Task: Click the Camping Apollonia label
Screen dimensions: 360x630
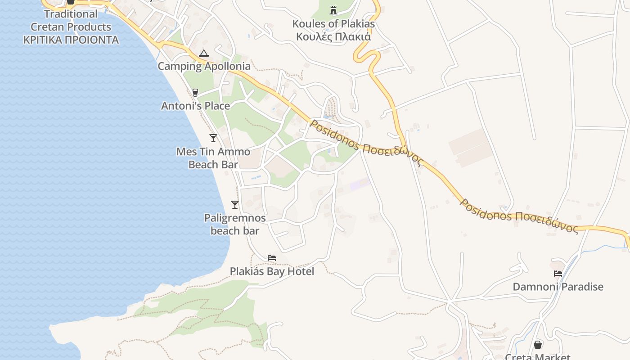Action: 204,66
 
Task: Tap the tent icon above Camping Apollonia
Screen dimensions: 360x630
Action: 203,54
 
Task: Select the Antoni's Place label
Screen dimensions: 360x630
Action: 195,106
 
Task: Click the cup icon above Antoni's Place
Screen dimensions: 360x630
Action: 195,93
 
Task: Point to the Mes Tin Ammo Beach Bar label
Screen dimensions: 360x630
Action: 213,157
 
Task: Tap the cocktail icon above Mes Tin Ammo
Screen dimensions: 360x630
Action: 213,138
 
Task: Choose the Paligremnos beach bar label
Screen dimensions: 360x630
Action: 235,224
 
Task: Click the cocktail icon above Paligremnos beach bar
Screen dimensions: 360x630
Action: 234,205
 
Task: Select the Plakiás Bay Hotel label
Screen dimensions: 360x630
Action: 272,271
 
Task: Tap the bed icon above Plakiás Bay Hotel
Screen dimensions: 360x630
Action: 271,258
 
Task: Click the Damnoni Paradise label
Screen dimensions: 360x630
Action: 558,287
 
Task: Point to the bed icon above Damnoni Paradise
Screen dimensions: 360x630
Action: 558,273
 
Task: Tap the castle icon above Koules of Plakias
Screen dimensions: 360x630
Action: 333,10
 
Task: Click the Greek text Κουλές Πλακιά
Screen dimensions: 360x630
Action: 333,36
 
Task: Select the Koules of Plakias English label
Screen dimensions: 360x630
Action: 333,24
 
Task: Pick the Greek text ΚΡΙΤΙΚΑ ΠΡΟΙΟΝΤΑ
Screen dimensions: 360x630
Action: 71,40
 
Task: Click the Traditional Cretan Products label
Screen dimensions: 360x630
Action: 71,20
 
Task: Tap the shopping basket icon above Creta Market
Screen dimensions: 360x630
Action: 537,345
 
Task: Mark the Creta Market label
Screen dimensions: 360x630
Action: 537,356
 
